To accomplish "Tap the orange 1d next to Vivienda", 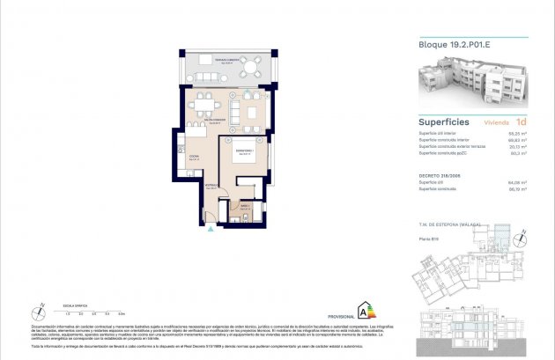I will (x=522, y=122).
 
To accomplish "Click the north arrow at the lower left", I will (x=41, y=305).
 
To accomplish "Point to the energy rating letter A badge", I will (x=361, y=309).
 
